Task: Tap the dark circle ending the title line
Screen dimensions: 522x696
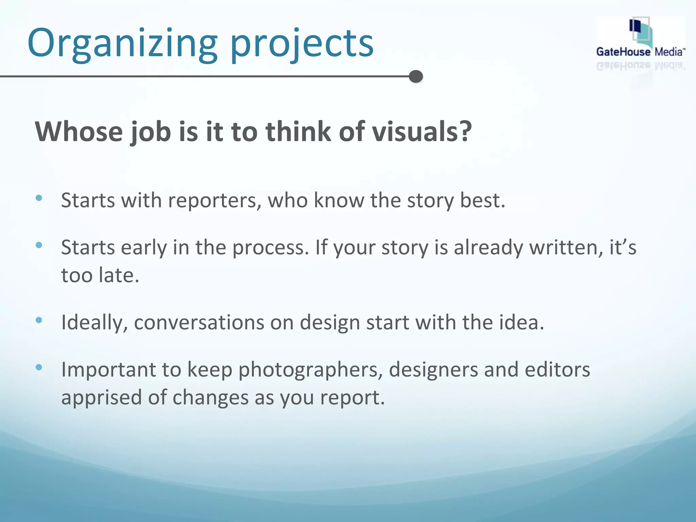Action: (x=416, y=76)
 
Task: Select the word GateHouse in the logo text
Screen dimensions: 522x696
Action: (x=623, y=52)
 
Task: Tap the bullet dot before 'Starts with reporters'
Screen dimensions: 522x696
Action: (x=39, y=198)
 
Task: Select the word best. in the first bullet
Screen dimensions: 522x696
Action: (x=482, y=201)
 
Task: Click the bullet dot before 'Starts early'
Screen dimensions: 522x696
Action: (x=39, y=245)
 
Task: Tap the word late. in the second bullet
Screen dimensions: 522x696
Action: (x=119, y=275)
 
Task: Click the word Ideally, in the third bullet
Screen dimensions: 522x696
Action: (x=95, y=323)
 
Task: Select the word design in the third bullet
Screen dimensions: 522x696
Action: (x=330, y=323)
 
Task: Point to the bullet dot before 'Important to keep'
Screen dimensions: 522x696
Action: (x=39, y=367)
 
